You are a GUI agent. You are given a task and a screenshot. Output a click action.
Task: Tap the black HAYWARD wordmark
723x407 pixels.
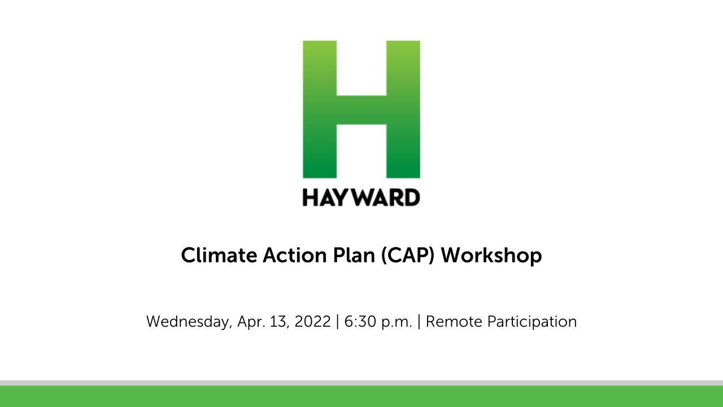pyautogui.click(x=361, y=197)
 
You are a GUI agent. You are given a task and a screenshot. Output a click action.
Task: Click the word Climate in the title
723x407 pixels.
pyautogui.click(x=219, y=256)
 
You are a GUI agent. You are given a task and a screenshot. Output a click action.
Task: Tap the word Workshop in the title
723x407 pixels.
pyautogui.click(x=491, y=256)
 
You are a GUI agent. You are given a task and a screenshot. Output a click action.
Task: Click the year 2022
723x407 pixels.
pyautogui.click(x=312, y=322)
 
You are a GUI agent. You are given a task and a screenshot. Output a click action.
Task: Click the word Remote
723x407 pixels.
pyautogui.click(x=454, y=322)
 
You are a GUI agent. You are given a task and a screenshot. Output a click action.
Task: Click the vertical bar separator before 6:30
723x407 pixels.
pyautogui.click(x=338, y=322)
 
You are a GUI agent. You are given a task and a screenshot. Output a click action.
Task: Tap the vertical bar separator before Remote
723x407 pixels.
pyautogui.click(x=419, y=322)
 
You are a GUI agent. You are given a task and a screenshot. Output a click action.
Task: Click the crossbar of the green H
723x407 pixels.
pyautogui.click(x=361, y=110)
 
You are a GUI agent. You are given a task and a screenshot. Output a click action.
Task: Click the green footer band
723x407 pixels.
pyautogui.click(x=361, y=397)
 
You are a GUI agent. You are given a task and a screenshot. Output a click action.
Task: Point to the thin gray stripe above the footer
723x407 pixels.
pyautogui.click(x=361, y=383)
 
